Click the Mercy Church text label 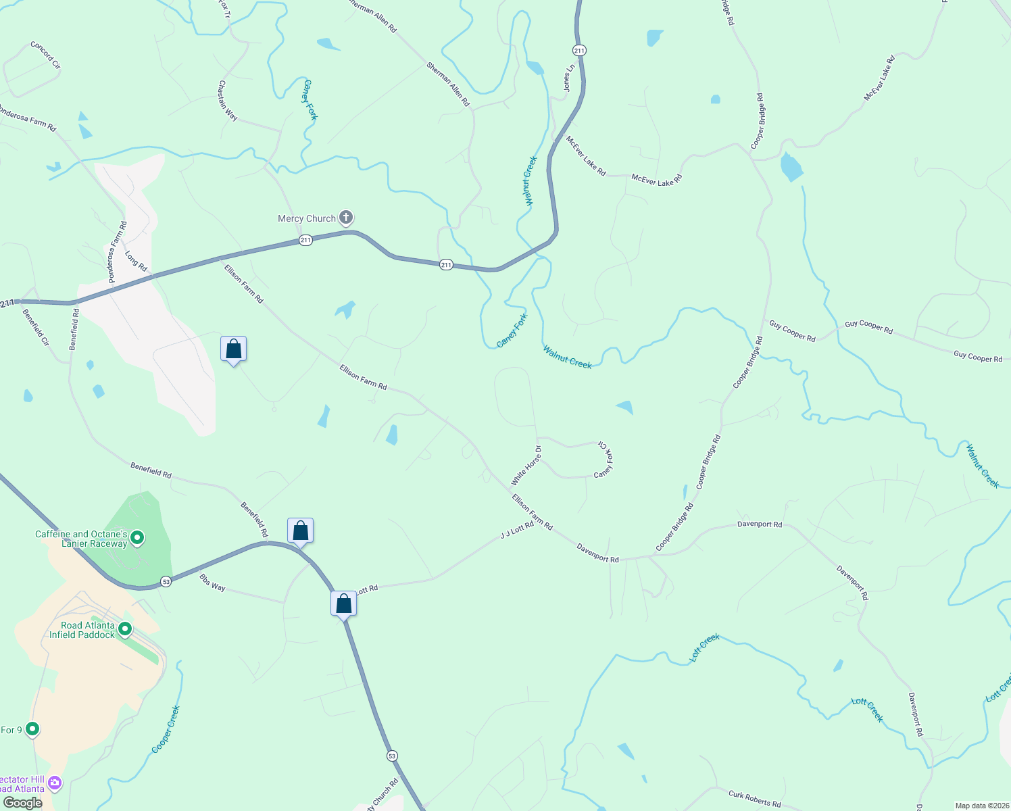[307, 218]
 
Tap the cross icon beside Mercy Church [346, 218]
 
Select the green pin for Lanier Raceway [137, 538]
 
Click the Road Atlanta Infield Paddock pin [125, 629]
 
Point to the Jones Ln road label [569, 78]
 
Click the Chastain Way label [227, 101]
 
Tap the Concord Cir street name [45, 55]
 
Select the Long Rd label [136, 261]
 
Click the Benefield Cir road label [36, 327]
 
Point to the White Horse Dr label [526, 466]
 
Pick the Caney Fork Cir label [603, 460]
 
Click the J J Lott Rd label [517, 530]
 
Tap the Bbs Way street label [213, 583]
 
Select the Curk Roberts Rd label [754, 798]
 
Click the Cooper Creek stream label [166, 729]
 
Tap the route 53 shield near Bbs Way [166, 581]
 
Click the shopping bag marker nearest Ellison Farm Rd [233, 349]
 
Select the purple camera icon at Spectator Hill [55, 783]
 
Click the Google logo [23, 803]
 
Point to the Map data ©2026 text [980, 806]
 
